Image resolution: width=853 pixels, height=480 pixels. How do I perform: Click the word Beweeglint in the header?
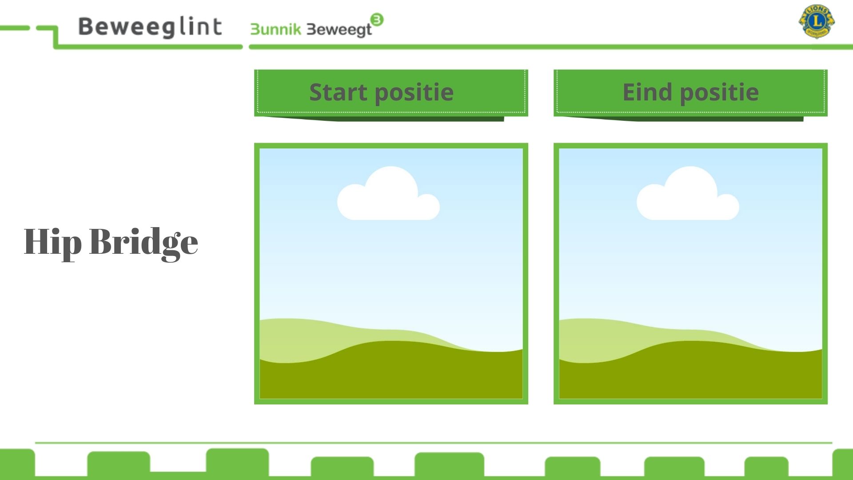coord(150,27)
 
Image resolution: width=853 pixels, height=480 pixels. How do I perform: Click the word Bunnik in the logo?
coord(276,29)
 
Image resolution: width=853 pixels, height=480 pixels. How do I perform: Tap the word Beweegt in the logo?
coord(339,30)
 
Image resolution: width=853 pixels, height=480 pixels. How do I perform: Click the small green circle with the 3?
coord(377,20)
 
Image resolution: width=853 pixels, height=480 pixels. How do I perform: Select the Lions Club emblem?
coord(817,21)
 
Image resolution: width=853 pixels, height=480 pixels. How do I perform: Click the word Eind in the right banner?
coord(647,92)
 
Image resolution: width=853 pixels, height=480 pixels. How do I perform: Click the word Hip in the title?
coord(52,243)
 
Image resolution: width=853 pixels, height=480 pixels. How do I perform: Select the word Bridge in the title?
coord(143,243)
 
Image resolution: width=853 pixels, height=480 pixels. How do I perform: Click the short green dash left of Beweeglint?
coord(15,28)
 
